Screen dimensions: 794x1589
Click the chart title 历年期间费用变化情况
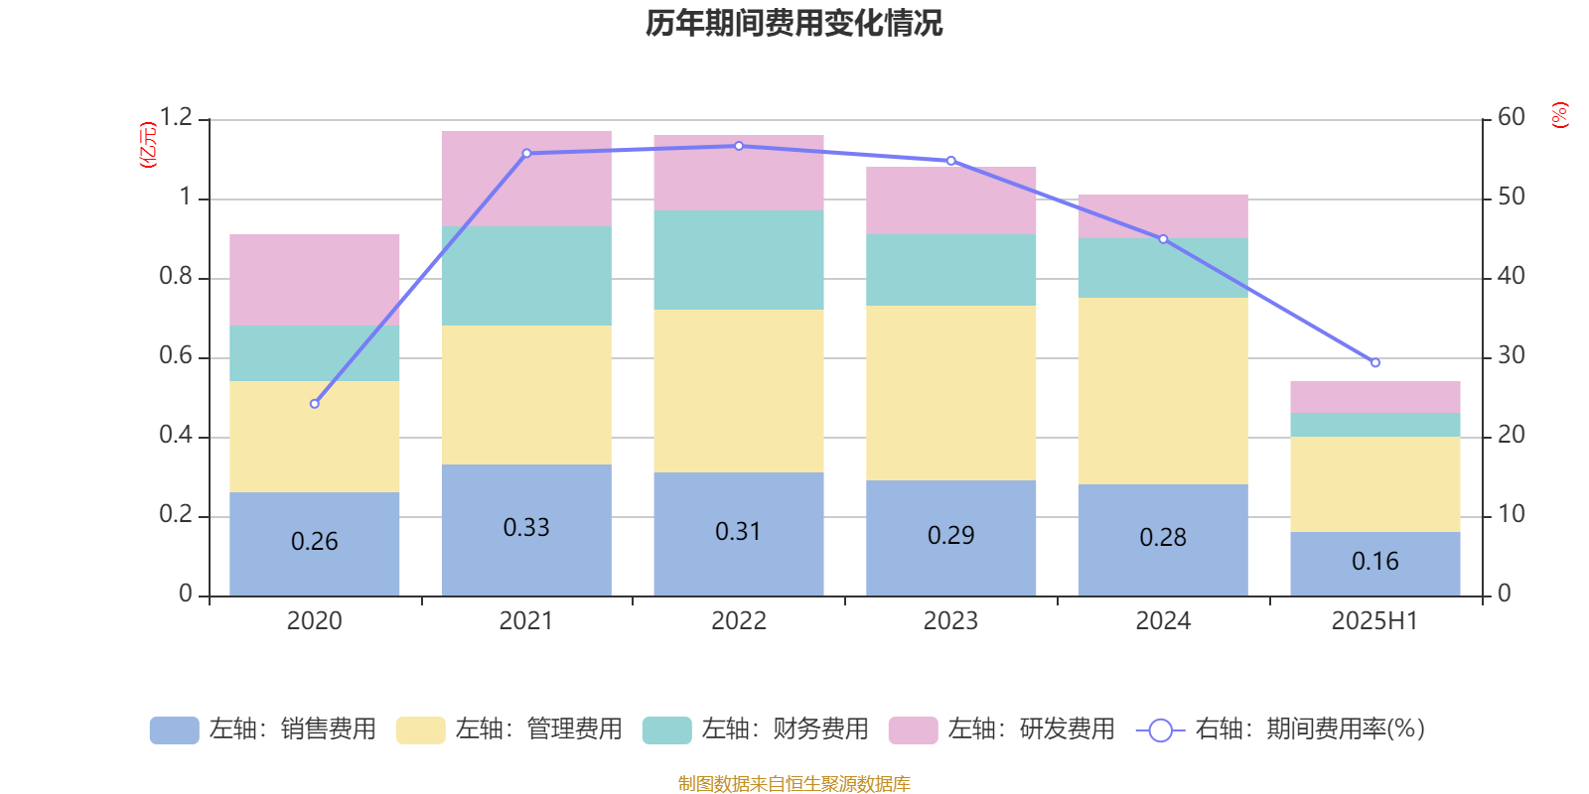[794, 23]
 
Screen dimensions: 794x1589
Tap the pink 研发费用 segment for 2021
[526, 179]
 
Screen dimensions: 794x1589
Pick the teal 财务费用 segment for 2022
[739, 260]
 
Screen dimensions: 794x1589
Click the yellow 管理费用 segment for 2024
[1163, 391]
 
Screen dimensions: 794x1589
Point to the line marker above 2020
[315, 404]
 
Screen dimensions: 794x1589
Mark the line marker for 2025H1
[1375, 363]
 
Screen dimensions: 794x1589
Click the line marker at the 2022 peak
[739, 146]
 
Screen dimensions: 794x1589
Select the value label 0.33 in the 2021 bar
[526, 528]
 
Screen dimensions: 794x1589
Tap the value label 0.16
[1375, 562]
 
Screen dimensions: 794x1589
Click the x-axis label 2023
[950, 621]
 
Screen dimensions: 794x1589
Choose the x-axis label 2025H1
[1375, 621]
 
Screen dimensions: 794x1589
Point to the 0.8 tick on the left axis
[176, 277]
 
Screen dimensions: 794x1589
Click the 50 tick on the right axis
[1511, 198]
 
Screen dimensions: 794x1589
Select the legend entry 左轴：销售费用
[263, 729]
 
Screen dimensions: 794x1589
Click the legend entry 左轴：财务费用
[756, 729]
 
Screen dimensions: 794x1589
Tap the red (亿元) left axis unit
[149, 145]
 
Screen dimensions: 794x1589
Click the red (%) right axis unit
[1560, 115]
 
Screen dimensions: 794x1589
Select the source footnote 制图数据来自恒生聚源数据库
[794, 784]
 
